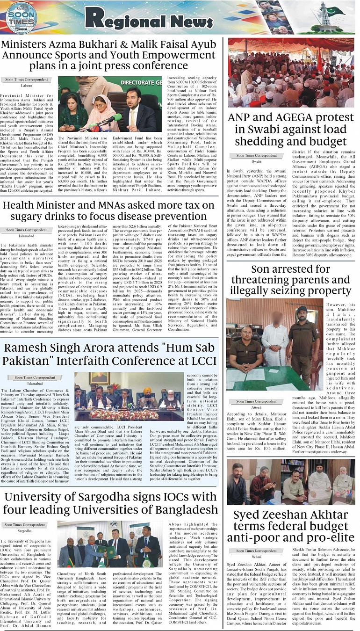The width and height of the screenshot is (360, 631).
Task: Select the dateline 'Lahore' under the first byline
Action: click(26, 86)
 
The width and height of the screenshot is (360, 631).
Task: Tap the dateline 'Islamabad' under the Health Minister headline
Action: click(26, 236)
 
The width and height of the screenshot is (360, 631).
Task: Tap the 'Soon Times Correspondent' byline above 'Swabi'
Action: click(257, 155)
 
